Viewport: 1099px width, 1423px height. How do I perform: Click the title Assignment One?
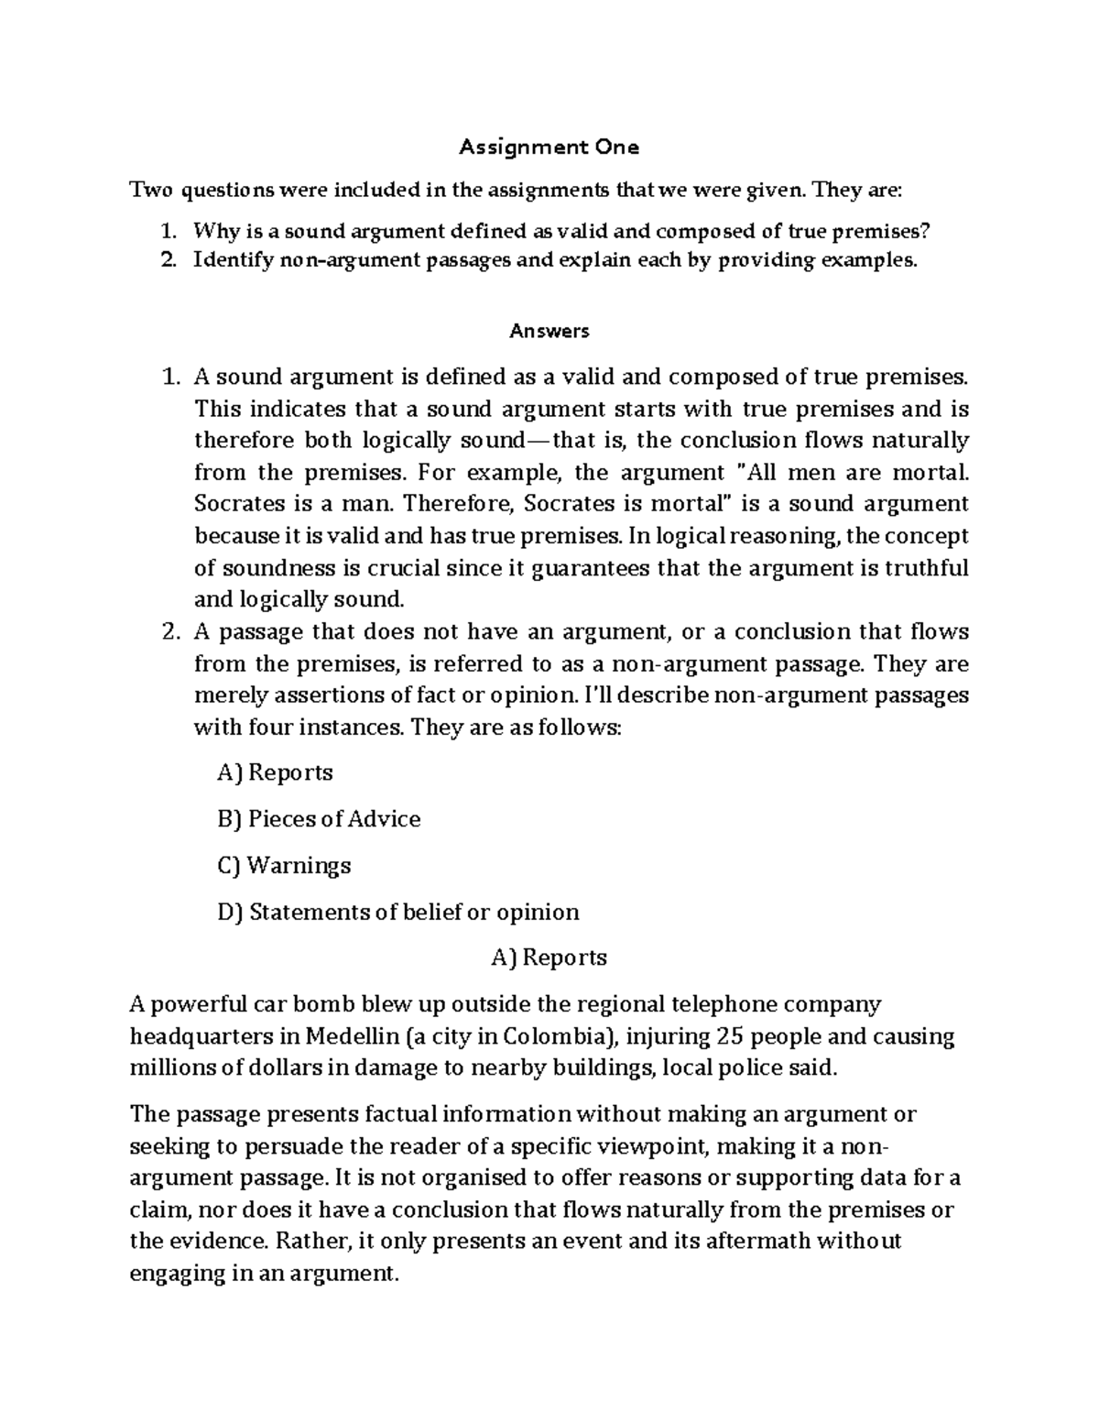point(549,147)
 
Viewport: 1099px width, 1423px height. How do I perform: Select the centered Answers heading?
point(549,331)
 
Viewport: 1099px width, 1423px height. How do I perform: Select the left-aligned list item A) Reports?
point(275,772)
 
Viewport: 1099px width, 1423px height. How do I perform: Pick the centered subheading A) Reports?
point(549,958)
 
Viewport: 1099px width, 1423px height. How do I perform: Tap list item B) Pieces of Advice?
point(319,819)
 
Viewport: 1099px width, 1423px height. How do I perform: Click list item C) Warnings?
point(284,866)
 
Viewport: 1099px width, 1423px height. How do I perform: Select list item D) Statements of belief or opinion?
point(398,913)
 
